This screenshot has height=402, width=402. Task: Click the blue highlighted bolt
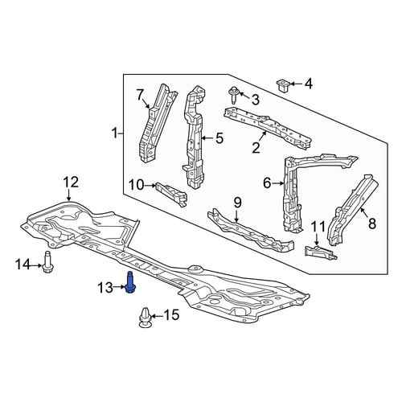131,282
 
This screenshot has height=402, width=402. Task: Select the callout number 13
105,288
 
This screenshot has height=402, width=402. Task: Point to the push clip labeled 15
146,318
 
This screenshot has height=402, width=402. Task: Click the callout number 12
71,183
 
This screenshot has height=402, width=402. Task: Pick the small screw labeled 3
233,95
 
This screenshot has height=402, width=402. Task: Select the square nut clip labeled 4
282,85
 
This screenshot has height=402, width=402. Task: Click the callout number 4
309,84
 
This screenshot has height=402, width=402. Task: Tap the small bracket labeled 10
171,194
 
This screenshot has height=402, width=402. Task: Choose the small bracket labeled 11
321,252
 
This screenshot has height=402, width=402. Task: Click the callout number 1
115,133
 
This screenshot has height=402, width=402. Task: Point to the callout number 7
140,95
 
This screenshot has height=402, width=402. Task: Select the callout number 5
219,138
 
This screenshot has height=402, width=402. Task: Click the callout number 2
256,148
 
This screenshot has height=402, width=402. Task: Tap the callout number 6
267,183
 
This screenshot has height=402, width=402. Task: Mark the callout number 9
238,203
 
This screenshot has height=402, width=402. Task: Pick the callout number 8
372,224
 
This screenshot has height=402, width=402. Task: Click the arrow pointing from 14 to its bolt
35,265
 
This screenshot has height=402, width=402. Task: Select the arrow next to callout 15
157,317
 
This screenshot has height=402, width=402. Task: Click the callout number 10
137,185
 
